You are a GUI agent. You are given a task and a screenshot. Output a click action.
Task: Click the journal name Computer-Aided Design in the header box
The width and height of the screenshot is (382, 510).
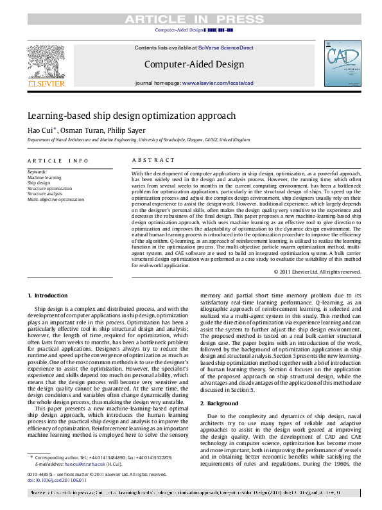coord(194,64)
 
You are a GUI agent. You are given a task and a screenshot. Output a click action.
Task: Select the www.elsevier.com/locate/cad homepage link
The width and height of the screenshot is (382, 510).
coord(218,84)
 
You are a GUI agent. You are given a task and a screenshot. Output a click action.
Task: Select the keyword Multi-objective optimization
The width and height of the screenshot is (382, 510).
coord(56,200)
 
